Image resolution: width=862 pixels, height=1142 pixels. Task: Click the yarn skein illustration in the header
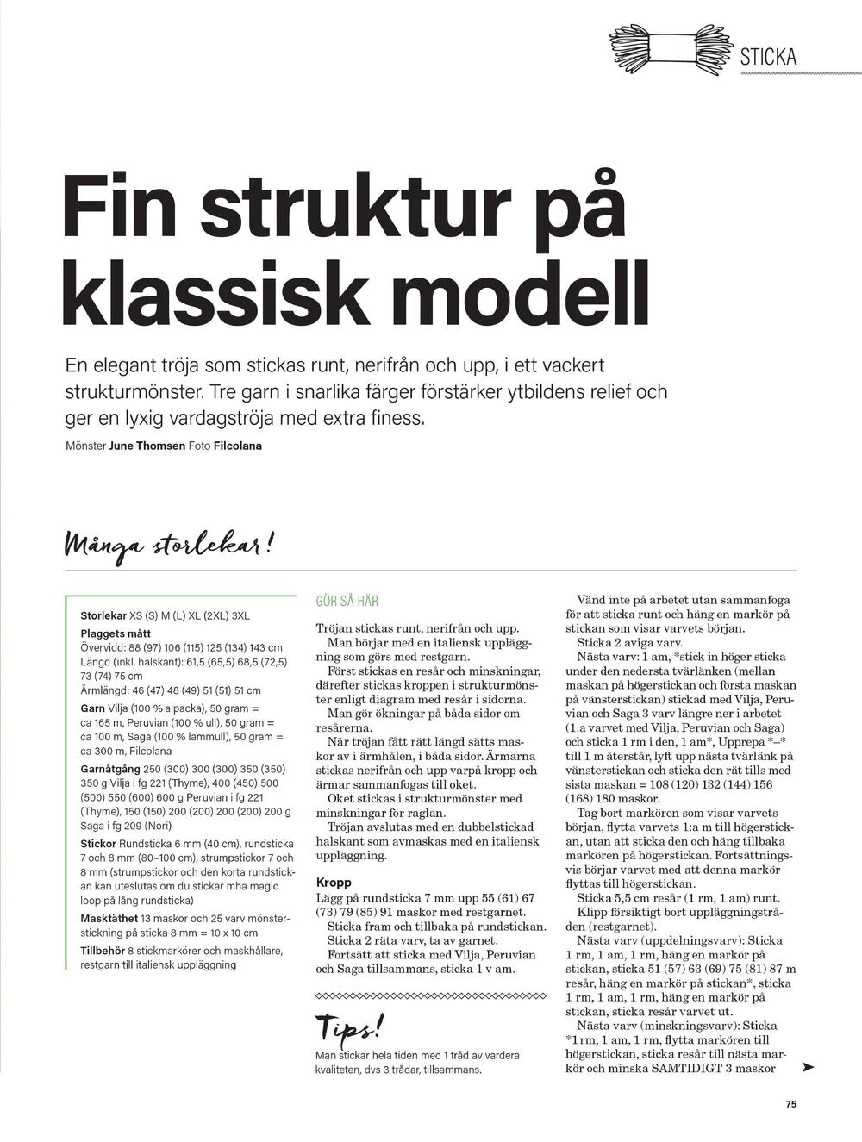[x=671, y=49]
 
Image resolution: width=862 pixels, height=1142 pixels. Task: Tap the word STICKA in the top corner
[x=768, y=58]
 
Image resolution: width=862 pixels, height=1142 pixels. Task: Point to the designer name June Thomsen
[x=147, y=446]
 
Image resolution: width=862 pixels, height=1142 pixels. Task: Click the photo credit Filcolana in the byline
[x=237, y=446]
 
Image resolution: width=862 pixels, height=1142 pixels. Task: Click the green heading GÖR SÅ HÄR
[x=347, y=601]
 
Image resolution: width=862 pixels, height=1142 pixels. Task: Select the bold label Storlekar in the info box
[x=103, y=616]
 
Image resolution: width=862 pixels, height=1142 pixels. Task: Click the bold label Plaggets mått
[x=116, y=633]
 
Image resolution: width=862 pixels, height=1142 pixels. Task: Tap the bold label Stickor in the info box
[x=98, y=843]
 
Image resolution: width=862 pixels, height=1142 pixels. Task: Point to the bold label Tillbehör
[x=103, y=951]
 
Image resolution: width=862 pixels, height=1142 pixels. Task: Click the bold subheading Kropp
[x=334, y=883]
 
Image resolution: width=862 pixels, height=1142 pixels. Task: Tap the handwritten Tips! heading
[x=348, y=1027]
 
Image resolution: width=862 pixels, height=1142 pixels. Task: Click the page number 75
[x=790, y=1105]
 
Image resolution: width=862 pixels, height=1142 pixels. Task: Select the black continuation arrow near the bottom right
[x=807, y=1067]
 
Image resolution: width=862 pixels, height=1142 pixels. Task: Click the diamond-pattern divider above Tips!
[x=431, y=995]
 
